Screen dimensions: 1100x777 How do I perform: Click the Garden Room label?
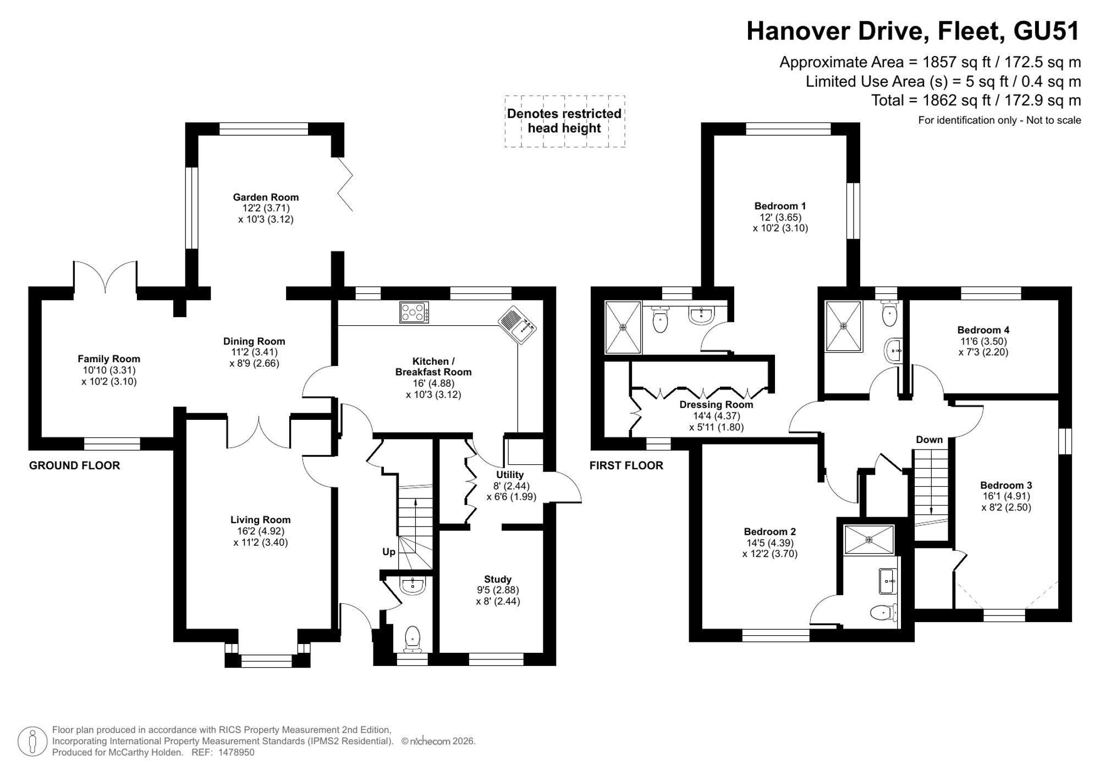[266, 197]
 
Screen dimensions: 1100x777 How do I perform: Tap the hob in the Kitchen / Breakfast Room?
[415, 313]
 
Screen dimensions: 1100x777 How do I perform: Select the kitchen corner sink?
[516, 325]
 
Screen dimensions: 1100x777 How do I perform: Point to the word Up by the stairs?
[389, 552]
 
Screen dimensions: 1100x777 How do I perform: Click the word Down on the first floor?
[929, 440]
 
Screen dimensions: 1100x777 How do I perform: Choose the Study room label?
[498, 579]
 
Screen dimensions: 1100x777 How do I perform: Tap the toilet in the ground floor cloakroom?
[413, 639]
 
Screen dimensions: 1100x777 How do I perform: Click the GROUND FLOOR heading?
[74, 465]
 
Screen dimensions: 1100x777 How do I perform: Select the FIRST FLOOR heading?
[626, 465]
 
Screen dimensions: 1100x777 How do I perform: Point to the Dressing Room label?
[716, 404]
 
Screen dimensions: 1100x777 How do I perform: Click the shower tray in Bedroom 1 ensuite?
[623, 327]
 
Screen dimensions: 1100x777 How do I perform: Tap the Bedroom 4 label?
[983, 330]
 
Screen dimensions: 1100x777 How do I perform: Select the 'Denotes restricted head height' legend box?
[565, 121]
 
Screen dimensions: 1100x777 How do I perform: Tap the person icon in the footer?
[32, 741]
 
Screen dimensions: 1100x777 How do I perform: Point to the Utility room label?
[510, 475]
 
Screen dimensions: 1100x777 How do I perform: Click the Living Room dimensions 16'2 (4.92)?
[261, 531]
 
